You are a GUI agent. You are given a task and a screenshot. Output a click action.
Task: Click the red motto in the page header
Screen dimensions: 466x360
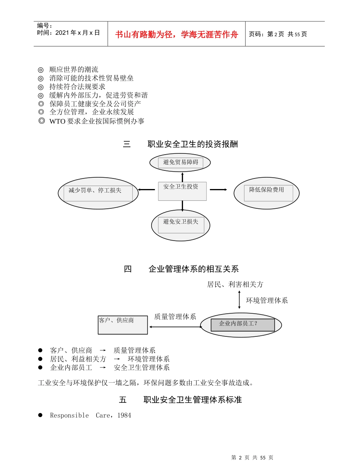tap(176, 34)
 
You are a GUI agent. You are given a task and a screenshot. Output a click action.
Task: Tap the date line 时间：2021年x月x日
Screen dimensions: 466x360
tap(69, 33)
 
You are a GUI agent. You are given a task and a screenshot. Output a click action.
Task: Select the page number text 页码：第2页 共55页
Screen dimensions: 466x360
tap(278, 34)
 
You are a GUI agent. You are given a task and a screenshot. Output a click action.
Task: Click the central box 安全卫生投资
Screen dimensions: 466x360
tap(182, 191)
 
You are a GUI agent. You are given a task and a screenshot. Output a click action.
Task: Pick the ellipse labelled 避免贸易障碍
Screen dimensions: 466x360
tap(180, 163)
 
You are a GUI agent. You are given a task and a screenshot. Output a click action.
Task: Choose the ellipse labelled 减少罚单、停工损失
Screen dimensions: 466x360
tap(98, 193)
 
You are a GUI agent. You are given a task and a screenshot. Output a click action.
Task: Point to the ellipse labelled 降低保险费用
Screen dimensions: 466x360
tap(266, 193)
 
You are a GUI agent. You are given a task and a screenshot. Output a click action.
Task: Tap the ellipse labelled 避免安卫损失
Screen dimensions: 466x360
tap(180, 225)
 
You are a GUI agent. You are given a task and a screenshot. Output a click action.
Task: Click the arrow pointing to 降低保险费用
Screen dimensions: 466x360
tap(218, 189)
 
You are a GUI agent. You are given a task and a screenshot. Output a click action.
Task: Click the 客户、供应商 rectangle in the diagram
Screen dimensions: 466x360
tap(122, 325)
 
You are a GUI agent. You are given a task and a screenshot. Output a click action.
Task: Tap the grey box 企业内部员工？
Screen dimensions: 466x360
tap(243, 325)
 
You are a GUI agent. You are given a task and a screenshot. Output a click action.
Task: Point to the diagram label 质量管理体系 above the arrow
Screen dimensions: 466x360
tap(175, 317)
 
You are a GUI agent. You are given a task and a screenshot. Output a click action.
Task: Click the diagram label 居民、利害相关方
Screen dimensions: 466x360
tap(235, 284)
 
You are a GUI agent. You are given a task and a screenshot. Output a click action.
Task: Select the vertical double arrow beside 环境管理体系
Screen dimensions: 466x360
tap(239, 300)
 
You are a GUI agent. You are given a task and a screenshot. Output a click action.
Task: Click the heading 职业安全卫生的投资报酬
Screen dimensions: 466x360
tap(193, 144)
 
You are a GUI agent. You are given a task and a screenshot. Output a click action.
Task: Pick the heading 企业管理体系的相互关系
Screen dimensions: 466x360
tap(194, 269)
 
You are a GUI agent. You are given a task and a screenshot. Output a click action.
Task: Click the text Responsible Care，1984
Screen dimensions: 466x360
tap(91, 415)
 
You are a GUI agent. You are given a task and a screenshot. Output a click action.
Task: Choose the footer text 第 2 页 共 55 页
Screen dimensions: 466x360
tap(252, 458)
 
